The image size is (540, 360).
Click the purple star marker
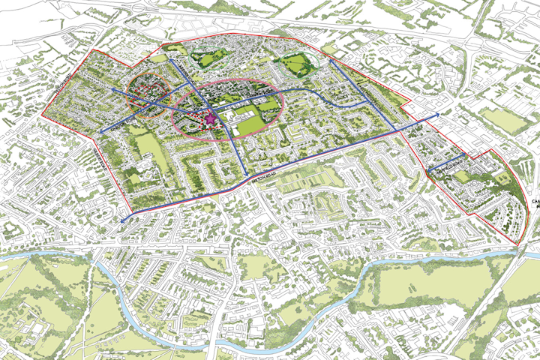211,117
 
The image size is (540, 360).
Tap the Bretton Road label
257,181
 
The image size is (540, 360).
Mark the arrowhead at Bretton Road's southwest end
123,220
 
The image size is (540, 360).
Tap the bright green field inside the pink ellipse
268,115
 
